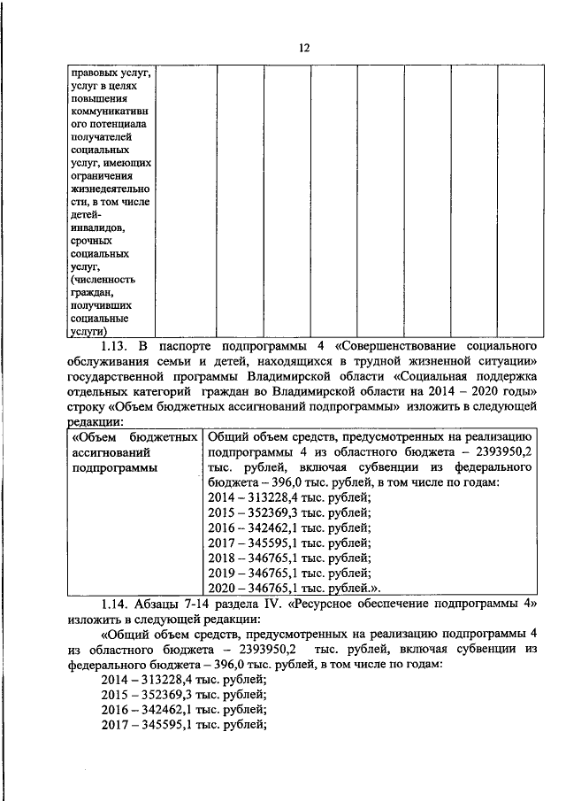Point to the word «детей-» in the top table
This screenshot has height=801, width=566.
pos(88,215)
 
